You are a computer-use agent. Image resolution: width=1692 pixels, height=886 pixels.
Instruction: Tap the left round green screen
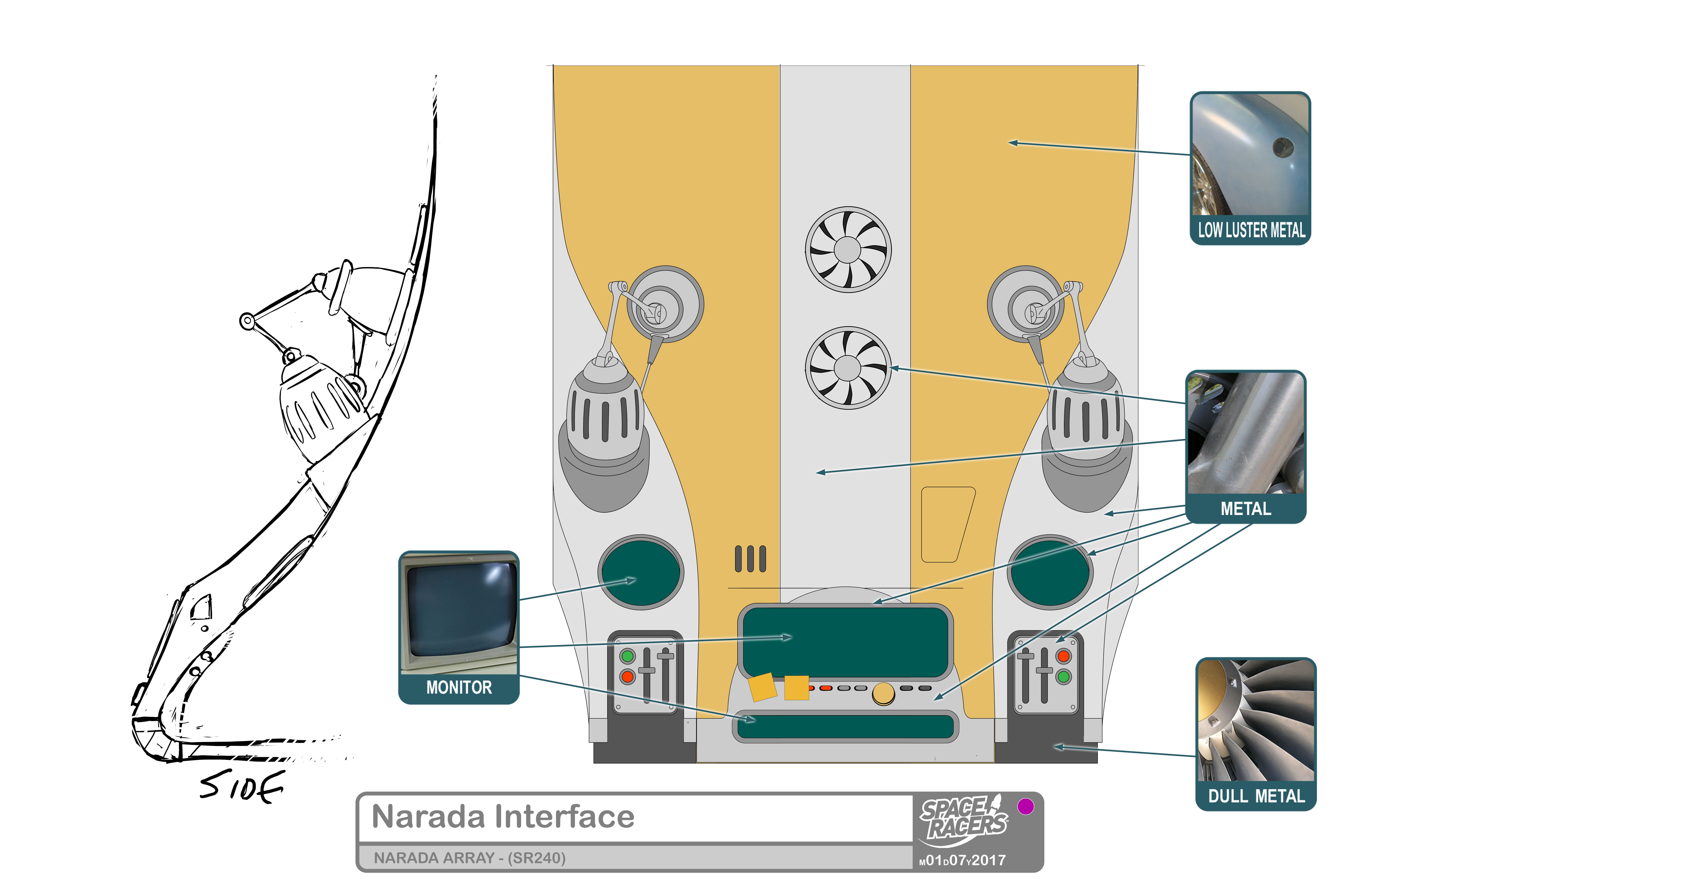click(x=640, y=572)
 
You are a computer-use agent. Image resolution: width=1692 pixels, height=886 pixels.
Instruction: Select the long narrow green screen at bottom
click(x=845, y=726)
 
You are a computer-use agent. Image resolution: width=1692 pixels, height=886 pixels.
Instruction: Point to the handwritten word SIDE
click(x=242, y=786)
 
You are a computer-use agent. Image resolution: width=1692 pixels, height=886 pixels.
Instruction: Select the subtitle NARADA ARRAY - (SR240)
click(x=470, y=858)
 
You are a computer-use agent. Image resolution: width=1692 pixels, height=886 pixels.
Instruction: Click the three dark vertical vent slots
click(x=750, y=559)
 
